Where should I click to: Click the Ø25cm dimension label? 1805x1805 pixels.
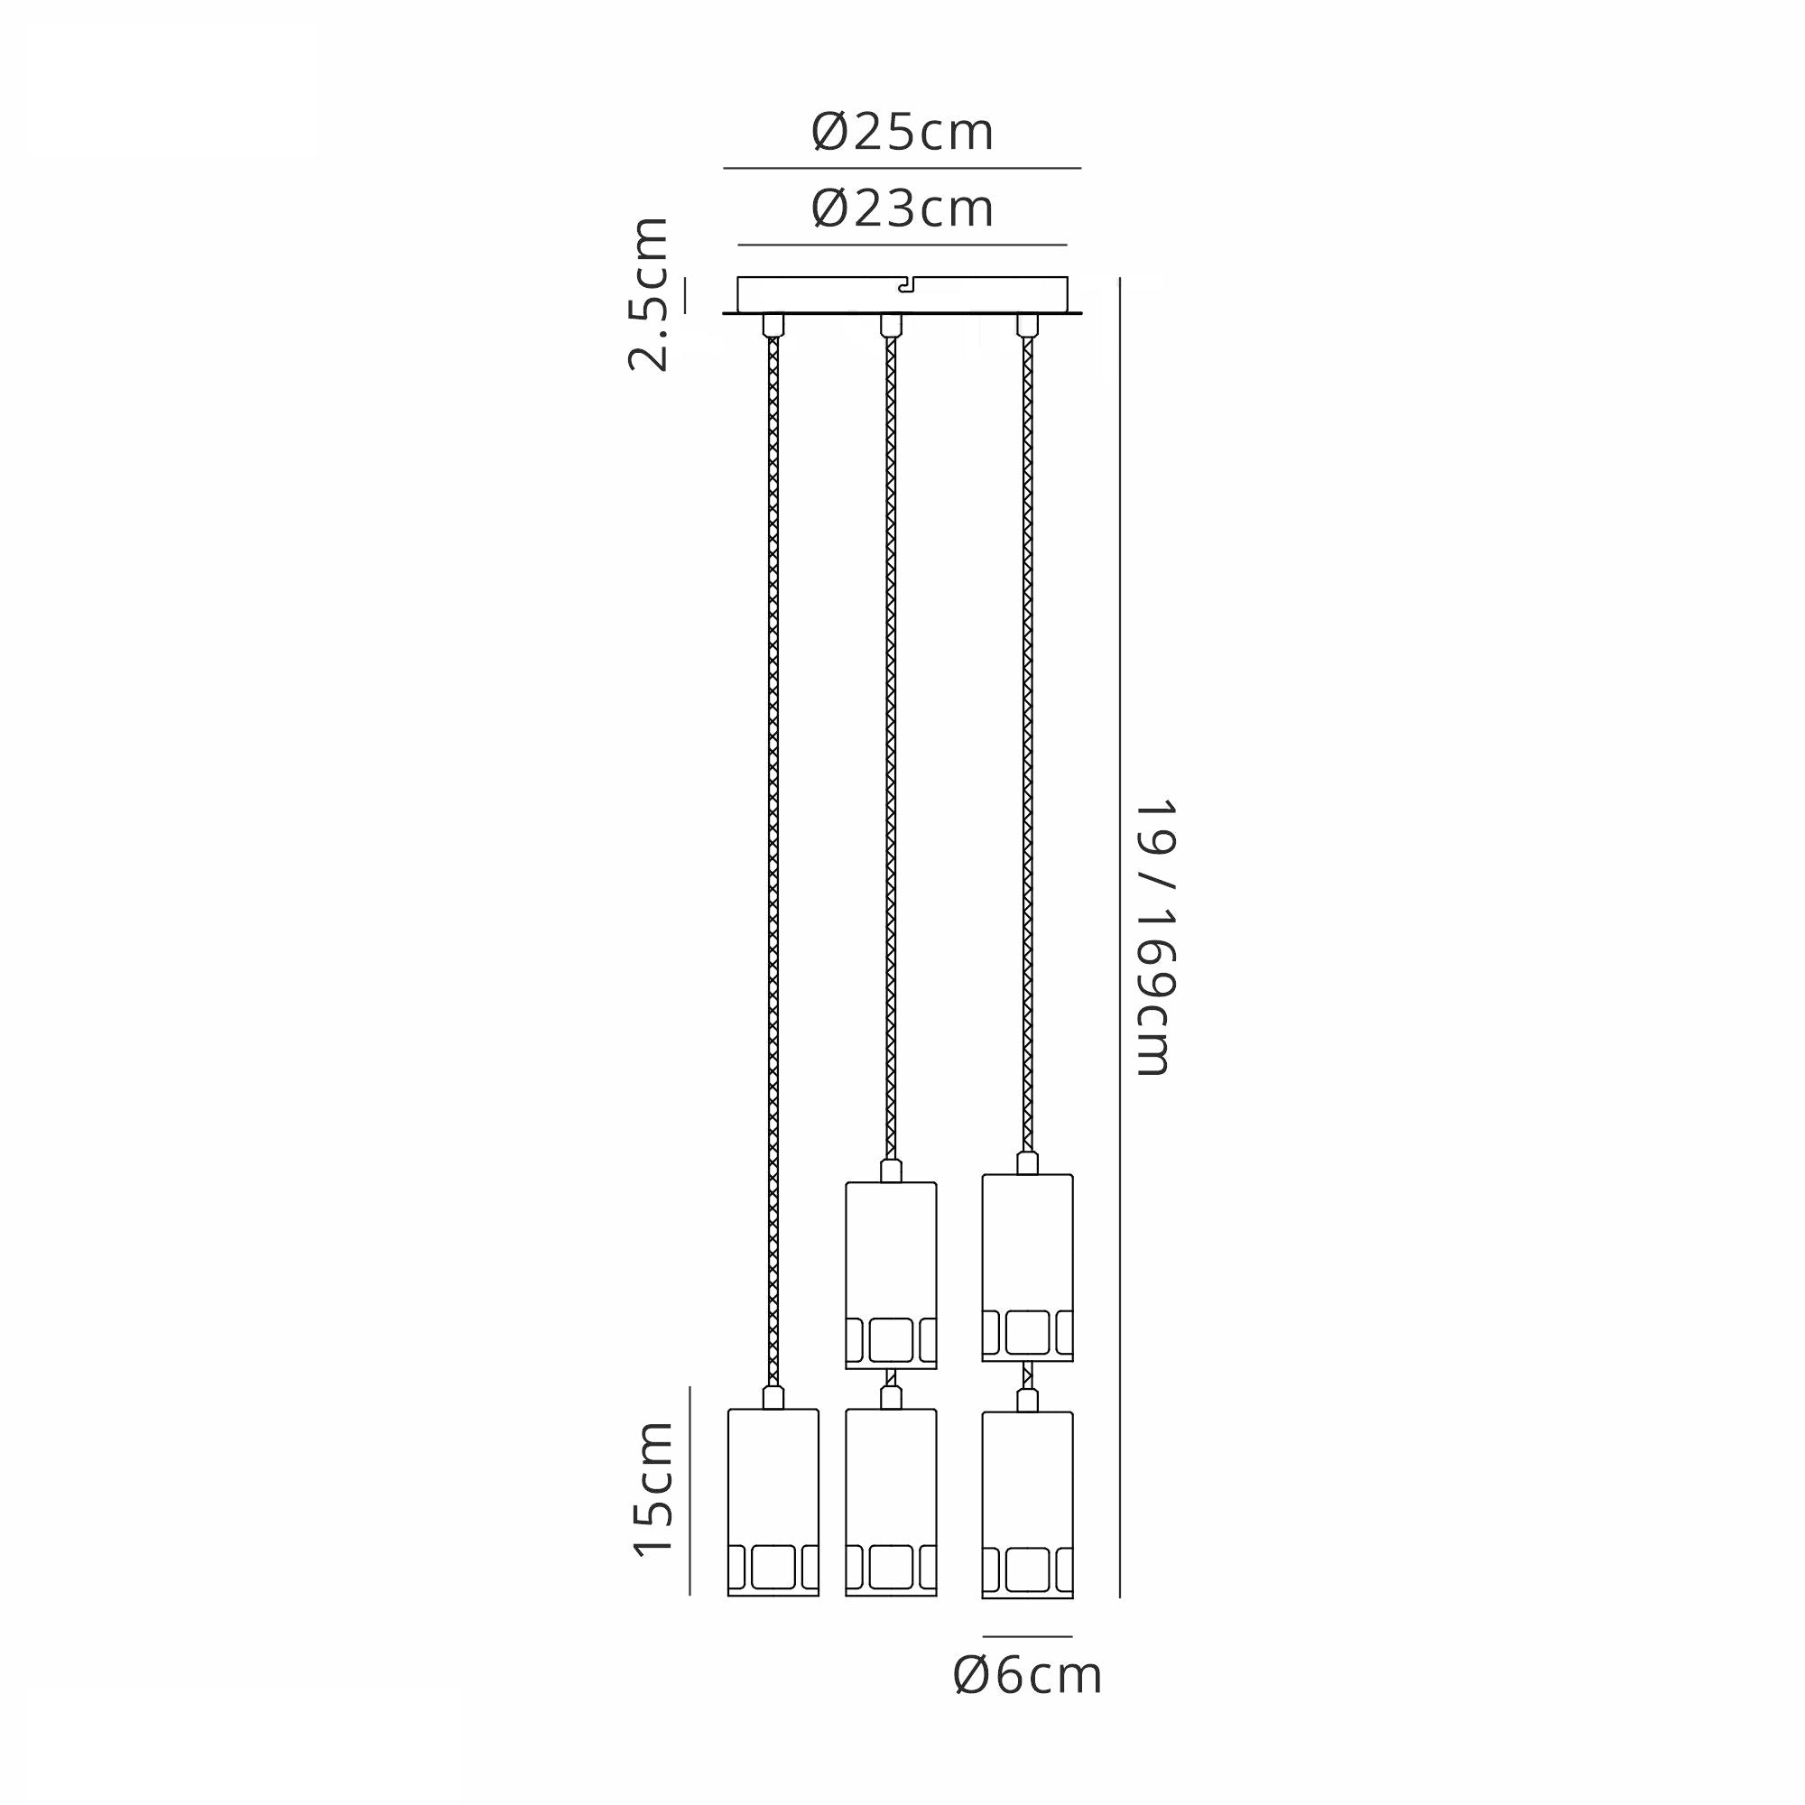click(x=902, y=133)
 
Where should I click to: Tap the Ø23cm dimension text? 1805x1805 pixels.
click(x=902, y=208)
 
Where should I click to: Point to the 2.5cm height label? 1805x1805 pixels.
click(x=648, y=294)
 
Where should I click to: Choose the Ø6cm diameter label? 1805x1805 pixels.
click(x=1028, y=1676)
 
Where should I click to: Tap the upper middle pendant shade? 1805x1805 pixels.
click(x=892, y=1275)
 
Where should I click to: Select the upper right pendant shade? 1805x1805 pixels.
click(x=1028, y=1268)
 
